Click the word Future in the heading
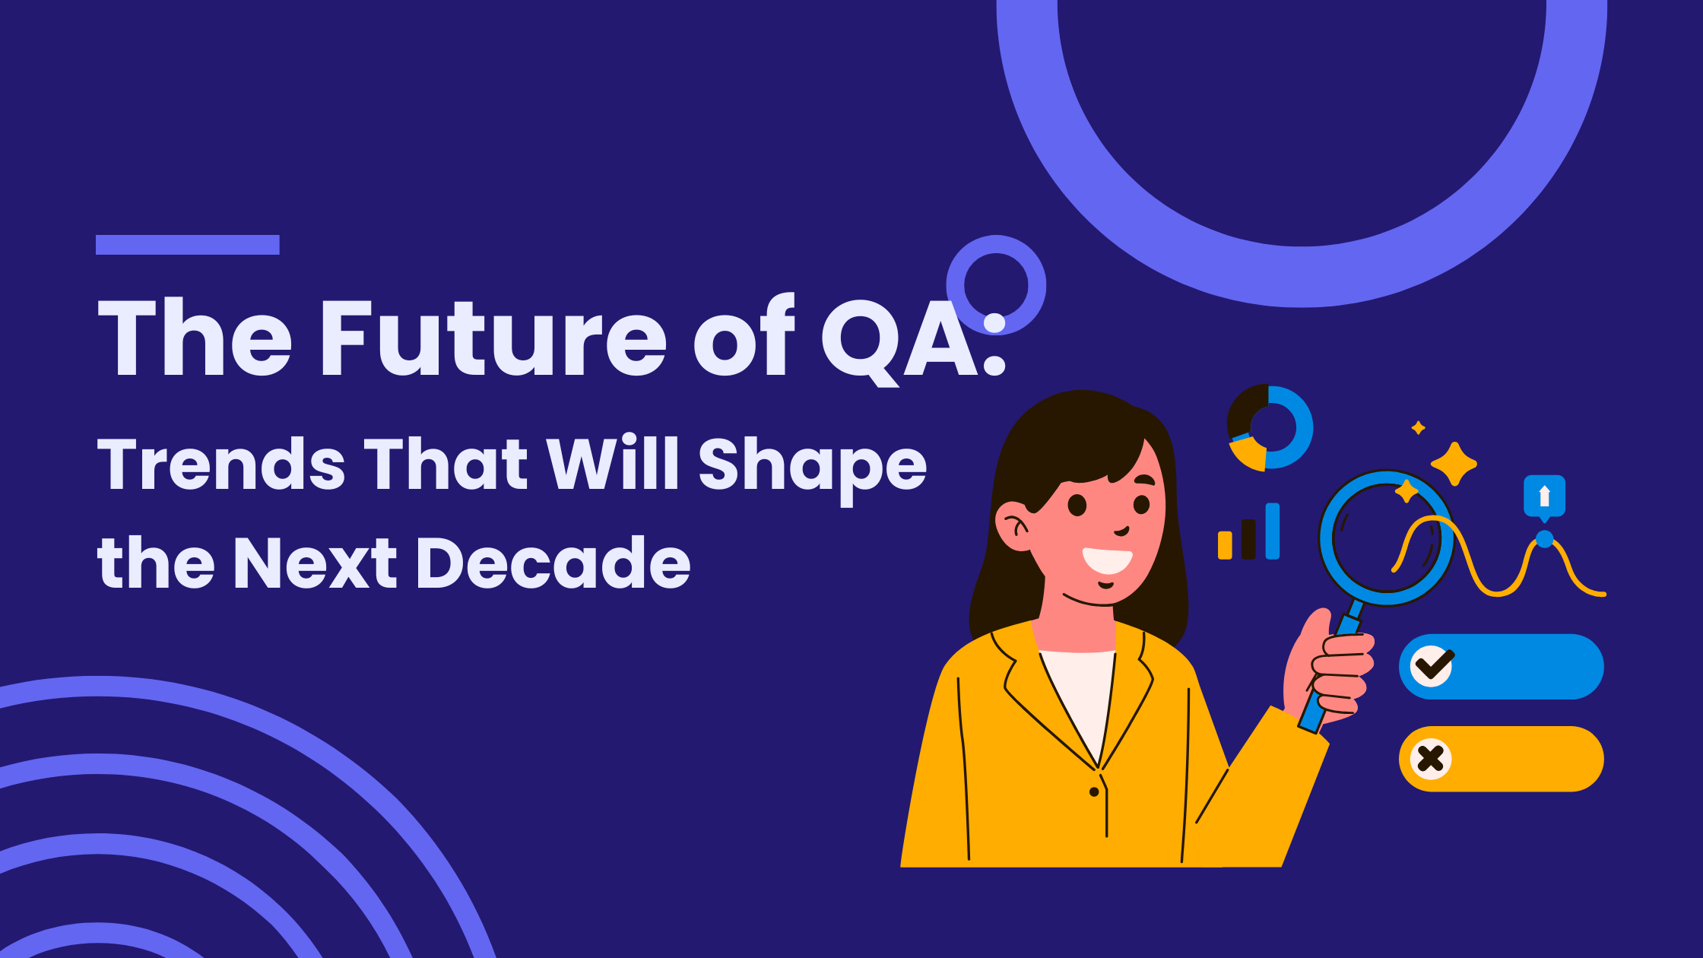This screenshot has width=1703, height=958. (x=494, y=337)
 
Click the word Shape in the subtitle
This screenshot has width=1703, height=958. (x=812, y=468)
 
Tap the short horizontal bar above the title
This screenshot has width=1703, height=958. (x=188, y=245)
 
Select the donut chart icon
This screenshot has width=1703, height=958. (x=1270, y=427)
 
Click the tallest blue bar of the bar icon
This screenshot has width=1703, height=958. (x=1273, y=531)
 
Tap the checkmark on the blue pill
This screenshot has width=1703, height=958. (x=1432, y=665)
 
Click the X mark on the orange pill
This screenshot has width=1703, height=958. (x=1431, y=759)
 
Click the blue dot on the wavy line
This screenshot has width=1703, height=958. (x=1544, y=539)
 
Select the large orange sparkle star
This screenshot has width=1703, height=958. (x=1454, y=463)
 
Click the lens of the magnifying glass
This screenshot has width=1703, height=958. (x=1387, y=538)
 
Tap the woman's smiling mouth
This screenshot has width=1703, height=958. (x=1108, y=560)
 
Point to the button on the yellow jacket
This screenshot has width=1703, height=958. (x=1094, y=791)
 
